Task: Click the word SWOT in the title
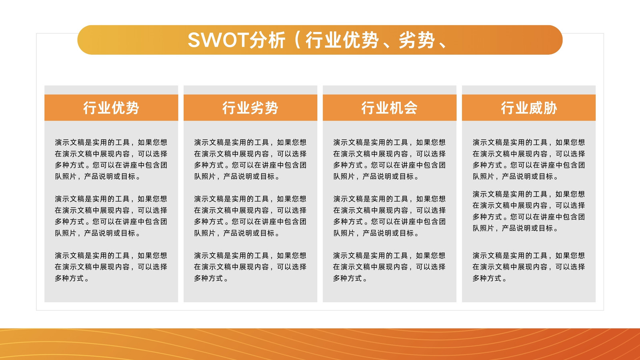[x=218, y=40]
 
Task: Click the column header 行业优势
[x=111, y=108]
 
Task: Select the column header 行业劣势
[x=250, y=108]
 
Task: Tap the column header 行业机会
[x=390, y=108]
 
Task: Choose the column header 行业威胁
[x=529, y=108]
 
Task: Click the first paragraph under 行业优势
[x=111, y=160]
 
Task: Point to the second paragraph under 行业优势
[x=111, y=216]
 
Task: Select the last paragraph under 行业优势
[x=111, y=267]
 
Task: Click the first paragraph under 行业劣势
[x=250, y=160]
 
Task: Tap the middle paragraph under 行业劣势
[x=250, y=216]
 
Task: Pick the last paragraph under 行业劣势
[x=250, y=267]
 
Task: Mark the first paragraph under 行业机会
[x=389, y=160]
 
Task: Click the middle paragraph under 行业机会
[x=389, y=216]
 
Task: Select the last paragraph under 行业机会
[x=389, y=267]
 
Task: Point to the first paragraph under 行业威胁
[x=528, y=160]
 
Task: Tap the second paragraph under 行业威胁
[x=528, y=211]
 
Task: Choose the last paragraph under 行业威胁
[x=528, y=267]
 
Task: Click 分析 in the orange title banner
[x=268, y=40]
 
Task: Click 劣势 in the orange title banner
[x=416, y=40]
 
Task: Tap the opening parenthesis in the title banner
[x=297, y=40]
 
